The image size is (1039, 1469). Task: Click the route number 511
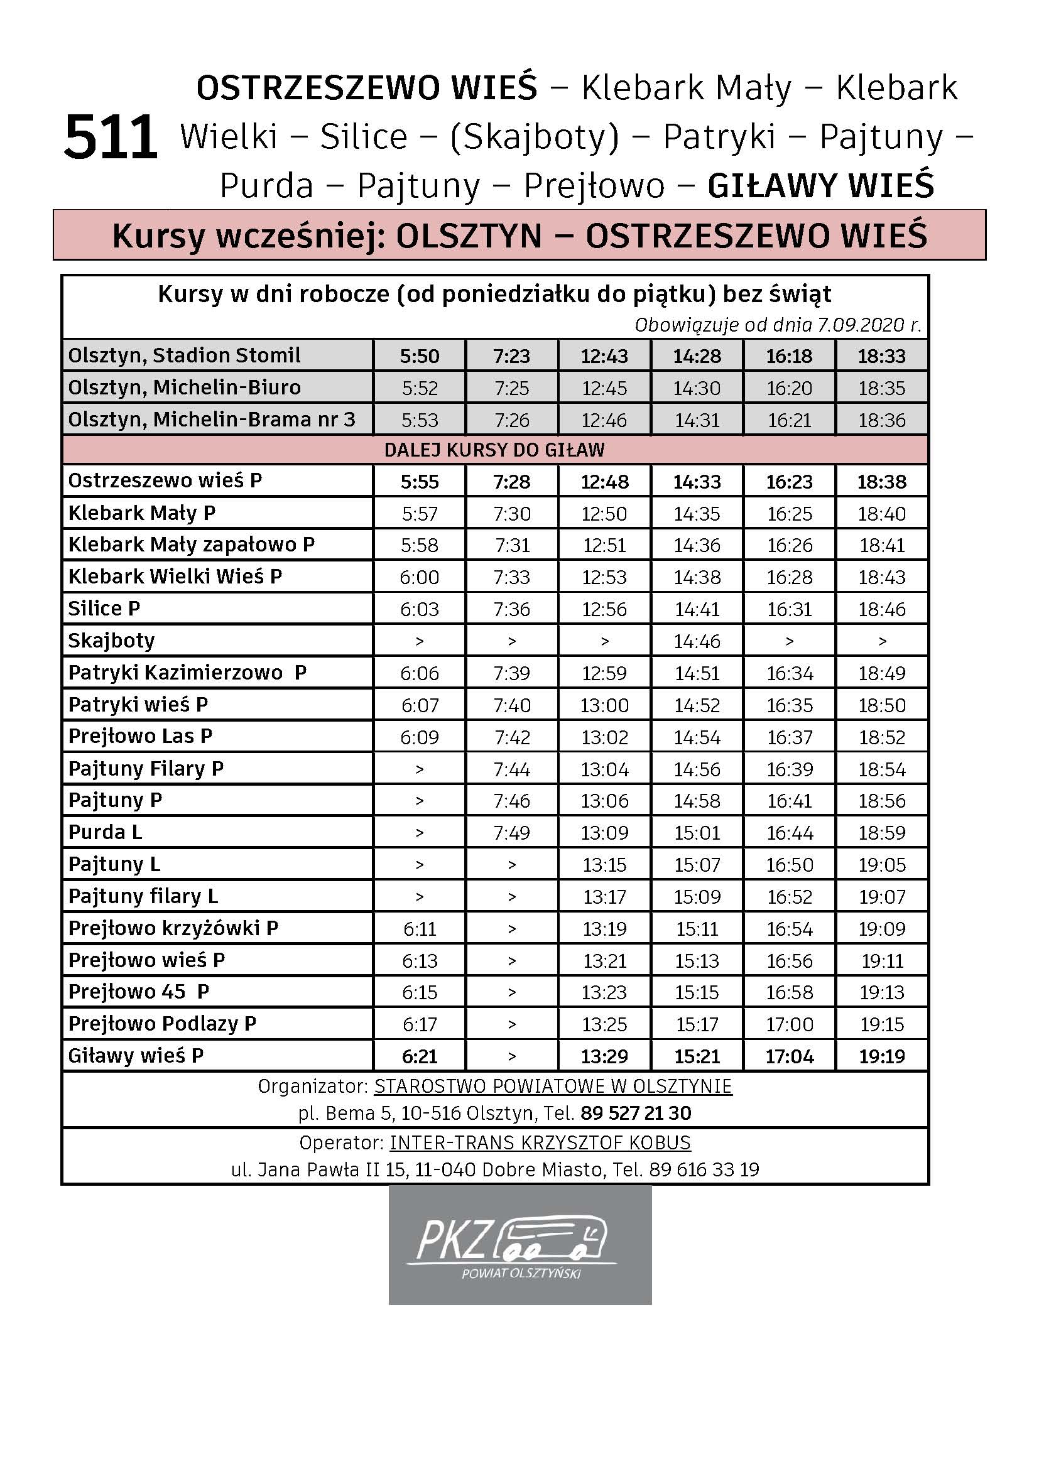click(111, 137)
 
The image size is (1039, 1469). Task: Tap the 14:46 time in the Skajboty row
click(697, 641)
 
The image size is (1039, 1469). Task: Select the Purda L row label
click(106, 832)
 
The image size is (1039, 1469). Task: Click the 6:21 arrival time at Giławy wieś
click(420, 1056)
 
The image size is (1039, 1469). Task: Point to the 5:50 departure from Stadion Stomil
click(420, 355)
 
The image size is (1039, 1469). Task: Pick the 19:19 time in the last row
click(881, 1056)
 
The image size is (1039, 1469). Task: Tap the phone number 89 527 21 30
click(635, 1114)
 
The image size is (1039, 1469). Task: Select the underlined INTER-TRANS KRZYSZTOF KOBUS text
click(540, 1142)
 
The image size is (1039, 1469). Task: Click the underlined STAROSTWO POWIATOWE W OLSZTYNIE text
click(553, 1087)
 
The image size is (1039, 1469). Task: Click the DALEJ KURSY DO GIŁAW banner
click(494, 450)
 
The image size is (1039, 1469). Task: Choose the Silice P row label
click(104, 609)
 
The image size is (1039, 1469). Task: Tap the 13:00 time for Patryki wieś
click(604, 705)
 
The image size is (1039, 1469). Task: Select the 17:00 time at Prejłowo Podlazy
click(790, 1024)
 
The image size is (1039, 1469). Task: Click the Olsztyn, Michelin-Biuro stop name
click(184, 388)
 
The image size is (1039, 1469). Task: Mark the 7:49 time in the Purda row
click(512, 832)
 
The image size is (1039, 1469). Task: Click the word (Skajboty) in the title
click(535, 137)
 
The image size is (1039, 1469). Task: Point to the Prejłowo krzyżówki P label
click(173, 928)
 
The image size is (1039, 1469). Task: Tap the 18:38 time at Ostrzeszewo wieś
click(881, 482)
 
